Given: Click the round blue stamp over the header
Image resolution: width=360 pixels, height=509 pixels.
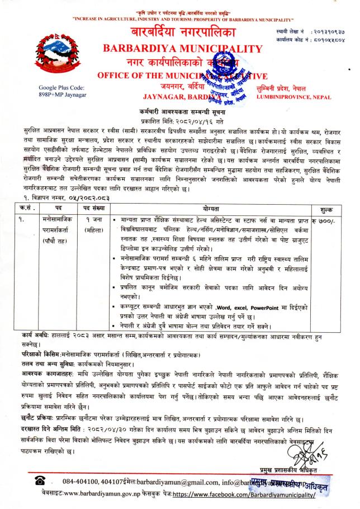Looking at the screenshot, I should coord(221,84).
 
